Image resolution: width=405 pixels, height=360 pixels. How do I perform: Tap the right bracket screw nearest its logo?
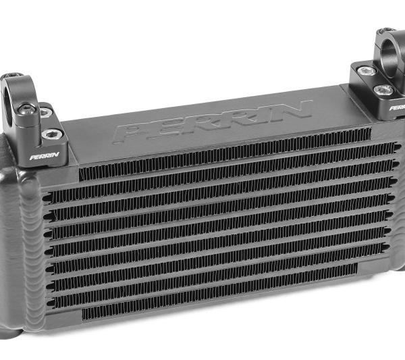387,89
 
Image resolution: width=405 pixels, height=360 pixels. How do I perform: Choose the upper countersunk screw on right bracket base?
367,70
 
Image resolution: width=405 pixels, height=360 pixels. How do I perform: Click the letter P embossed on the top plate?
132,132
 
